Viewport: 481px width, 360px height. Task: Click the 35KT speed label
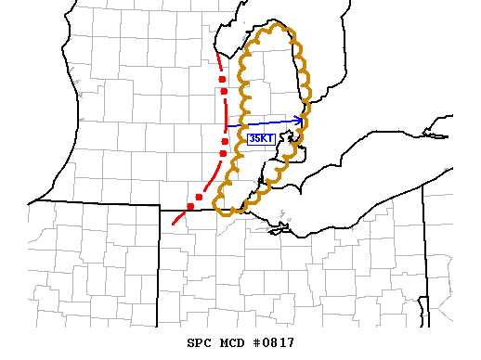click(x=261, y=138)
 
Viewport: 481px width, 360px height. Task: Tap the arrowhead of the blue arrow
click(x=301, y=119)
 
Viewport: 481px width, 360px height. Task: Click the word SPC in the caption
click(x=200, y=342)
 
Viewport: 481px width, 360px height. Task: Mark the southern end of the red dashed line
click(x=173, y=224)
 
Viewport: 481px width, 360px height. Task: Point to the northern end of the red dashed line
click(x=216, y=53)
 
